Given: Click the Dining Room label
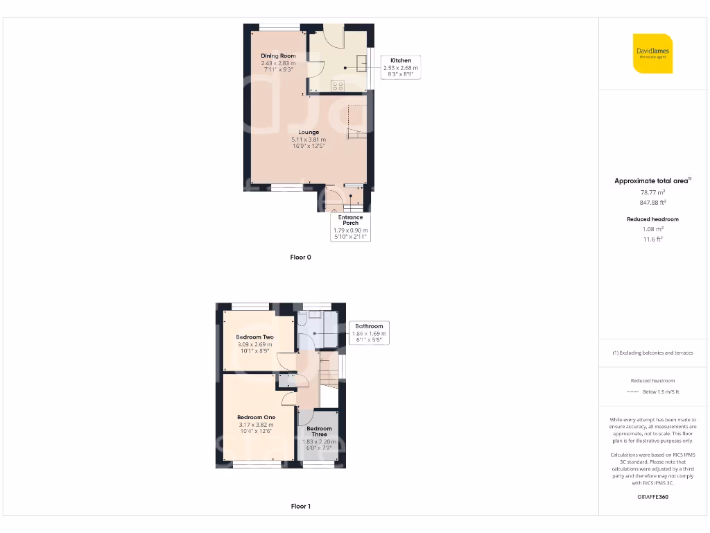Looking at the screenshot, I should coord(278,56).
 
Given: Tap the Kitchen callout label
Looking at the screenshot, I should coord(400,60).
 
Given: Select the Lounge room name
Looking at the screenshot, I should coord(309,132).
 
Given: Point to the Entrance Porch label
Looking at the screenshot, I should coord(350,220).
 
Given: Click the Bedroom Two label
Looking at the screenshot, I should coord(255,337).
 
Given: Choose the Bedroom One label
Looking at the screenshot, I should coord(256,417).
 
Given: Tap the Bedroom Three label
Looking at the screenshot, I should coord(320,431).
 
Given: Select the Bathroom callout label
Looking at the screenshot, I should coord(369,326).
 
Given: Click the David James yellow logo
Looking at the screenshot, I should coord(653,53).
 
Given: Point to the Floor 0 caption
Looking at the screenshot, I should coord(300,257).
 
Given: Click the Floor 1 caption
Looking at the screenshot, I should coord(300,507).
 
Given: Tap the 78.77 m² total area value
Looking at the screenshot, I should coord(652,192).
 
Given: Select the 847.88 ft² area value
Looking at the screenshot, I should coord(652,203).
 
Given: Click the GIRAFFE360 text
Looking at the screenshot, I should coord(652,497).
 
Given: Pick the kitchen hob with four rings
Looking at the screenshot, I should coord(338,86).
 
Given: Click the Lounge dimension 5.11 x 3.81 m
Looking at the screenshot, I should coord(309,139).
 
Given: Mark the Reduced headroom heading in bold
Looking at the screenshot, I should coord(652,219).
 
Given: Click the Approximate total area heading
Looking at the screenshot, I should coord(652,181).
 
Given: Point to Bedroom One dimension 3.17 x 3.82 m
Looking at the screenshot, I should coord(256,425).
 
